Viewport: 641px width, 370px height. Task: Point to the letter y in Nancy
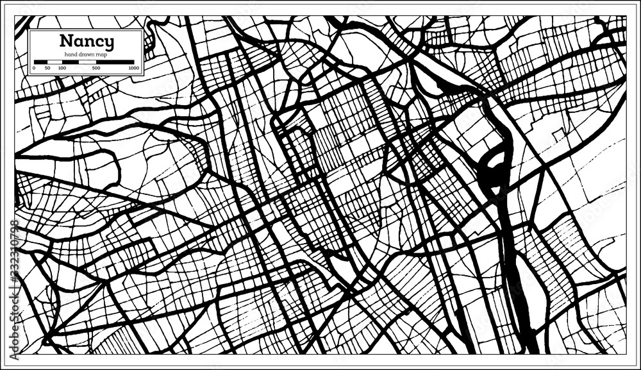click(x=110, y=44)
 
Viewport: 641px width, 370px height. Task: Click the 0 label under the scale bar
click(x=34, y=67)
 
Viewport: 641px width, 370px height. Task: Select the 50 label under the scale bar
click(x=48, y=67)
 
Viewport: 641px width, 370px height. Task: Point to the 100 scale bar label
click(x=62, y=67)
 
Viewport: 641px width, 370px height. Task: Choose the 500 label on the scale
click(x=96, y=67)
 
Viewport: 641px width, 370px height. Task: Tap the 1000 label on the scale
click(x=133, y=67)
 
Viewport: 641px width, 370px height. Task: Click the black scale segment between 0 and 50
click(x=41, y=62)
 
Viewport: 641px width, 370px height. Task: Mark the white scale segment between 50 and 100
click(x=55, y=62)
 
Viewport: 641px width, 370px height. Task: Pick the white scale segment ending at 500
click(x=87, y=62)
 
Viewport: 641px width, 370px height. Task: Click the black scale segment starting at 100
click(x=71, y=62)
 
